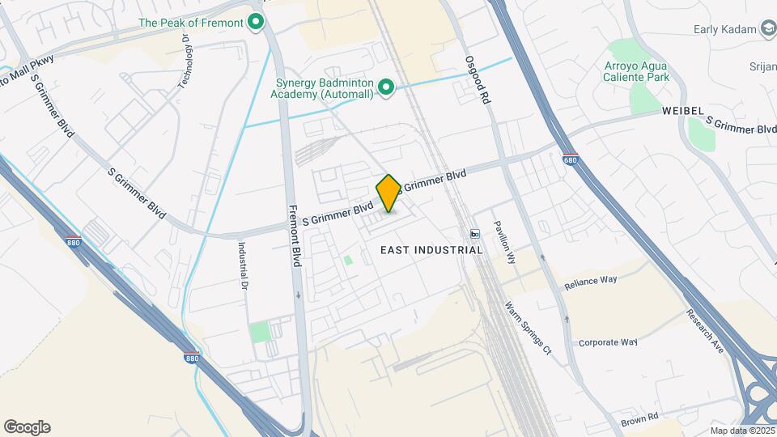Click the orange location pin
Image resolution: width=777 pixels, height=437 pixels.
388,193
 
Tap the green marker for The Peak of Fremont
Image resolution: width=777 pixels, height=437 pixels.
257,23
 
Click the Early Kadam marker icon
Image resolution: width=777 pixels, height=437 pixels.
767,29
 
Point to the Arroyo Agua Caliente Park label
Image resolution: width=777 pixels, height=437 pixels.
637,71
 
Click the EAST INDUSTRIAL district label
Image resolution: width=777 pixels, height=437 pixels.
431,250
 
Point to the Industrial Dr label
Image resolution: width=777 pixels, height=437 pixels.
241,265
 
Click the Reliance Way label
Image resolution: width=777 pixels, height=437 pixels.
591,280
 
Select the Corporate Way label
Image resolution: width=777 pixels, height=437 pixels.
608,342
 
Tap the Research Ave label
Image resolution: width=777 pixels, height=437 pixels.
704,332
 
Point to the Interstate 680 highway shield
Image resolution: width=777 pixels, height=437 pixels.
570,159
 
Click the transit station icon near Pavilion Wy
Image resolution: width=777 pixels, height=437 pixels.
474,234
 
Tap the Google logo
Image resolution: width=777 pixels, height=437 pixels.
27,427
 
